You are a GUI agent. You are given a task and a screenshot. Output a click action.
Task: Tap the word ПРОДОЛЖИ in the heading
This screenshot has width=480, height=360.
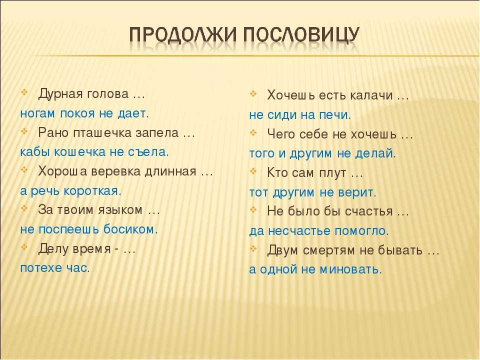pos(183,34)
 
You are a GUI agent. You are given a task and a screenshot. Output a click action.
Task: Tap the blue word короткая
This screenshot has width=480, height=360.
pos(92,191)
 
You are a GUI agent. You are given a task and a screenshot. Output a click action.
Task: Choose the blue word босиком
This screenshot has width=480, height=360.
pos(130,229)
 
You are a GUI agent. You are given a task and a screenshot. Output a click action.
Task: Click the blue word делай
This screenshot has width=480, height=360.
pos(375,153)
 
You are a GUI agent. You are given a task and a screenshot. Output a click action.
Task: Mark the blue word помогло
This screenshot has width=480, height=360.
pos(361,231)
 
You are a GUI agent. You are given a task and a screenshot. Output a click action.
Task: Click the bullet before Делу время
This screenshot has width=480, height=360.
pos(24,246)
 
